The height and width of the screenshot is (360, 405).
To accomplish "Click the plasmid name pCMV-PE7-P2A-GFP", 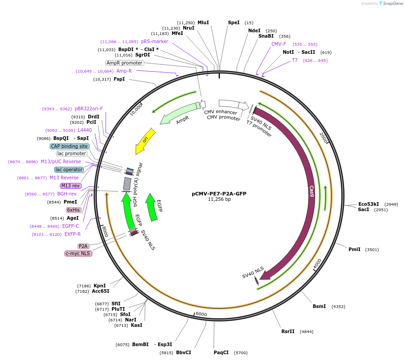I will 219,194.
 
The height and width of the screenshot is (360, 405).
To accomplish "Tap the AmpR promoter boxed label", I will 125,63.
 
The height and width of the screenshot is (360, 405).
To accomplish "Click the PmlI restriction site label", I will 354,249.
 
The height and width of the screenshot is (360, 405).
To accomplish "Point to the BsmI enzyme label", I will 319,306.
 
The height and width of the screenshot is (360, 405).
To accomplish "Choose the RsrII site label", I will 288,332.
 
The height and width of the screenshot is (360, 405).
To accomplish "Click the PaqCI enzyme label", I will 221,352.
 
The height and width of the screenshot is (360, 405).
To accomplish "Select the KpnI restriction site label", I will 99,286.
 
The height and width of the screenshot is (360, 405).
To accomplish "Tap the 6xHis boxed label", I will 73,210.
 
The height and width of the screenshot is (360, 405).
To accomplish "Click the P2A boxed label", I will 83,246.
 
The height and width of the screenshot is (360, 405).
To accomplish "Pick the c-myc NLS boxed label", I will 78,253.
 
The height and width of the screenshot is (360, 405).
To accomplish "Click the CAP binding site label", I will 69,146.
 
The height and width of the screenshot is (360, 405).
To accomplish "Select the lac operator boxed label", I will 69,169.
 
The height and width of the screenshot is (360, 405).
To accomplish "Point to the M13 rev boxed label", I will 71,186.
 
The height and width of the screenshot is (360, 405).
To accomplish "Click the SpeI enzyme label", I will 234,22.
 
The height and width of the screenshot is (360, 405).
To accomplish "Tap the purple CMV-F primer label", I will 279,44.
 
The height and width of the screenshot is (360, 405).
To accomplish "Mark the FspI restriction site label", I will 119,79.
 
